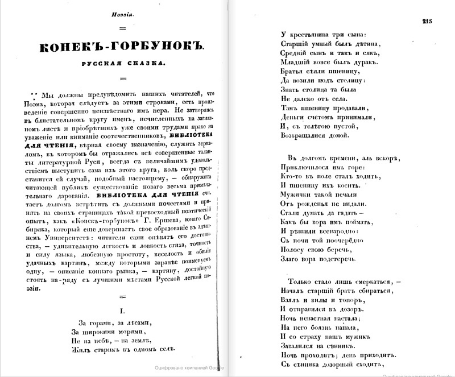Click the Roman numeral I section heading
coord(121,310)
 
